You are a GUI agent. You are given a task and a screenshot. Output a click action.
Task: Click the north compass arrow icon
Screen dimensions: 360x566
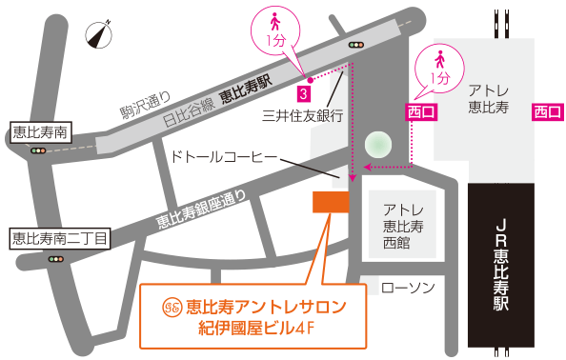coord(99,35)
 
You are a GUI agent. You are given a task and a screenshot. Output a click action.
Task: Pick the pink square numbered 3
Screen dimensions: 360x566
coord(301,93)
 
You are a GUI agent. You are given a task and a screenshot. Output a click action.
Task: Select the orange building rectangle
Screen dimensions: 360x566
coord(332,202)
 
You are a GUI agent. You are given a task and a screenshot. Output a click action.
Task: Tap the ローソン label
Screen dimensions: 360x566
coord(407,286)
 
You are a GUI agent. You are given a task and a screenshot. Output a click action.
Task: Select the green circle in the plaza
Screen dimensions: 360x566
coord(378,145)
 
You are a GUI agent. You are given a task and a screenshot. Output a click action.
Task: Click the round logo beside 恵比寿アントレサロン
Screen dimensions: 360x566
coord(172,307)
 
